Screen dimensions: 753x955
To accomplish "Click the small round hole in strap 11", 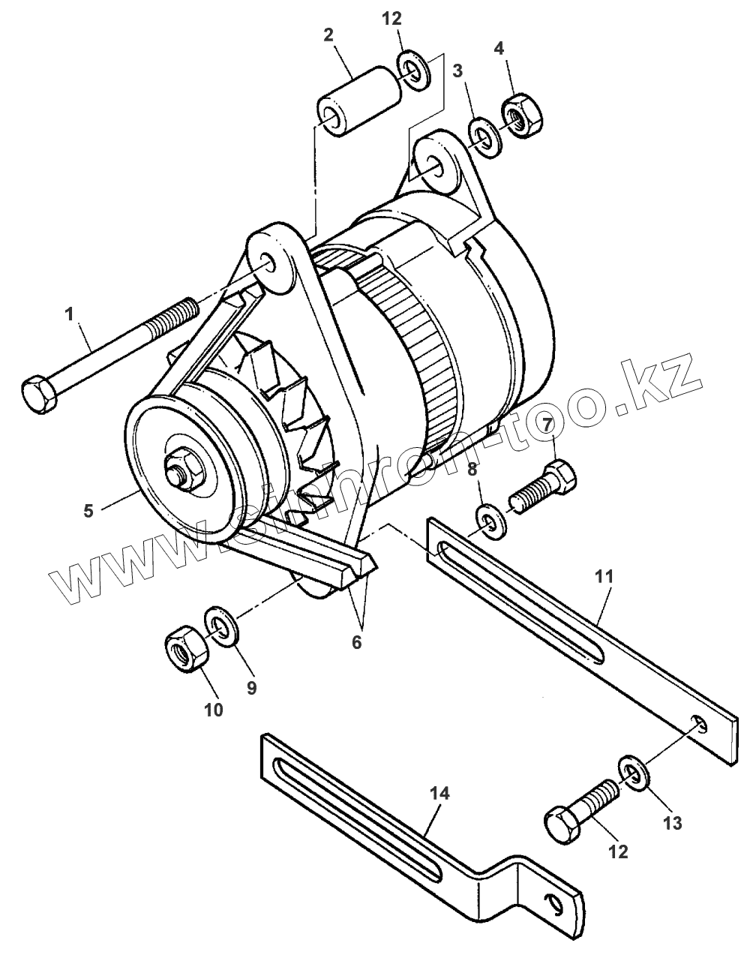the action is pos(698,723).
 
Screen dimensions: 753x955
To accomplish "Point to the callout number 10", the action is pos(214,709).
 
